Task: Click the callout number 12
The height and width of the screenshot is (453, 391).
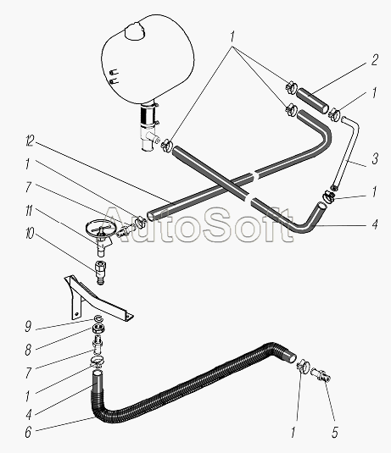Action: (30, 142)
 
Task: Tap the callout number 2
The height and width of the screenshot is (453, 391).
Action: (374, 60)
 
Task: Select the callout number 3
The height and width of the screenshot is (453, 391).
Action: (375, 158)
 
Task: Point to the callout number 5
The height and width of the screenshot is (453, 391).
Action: (334, 433)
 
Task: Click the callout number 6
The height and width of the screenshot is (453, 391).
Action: (28, 433)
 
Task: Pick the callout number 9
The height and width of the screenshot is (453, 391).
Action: (28, 327)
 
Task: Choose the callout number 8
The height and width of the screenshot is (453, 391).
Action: (28, 351)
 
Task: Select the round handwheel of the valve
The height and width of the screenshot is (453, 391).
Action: (98, 225)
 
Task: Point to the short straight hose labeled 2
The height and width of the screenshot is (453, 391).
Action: (314, 101)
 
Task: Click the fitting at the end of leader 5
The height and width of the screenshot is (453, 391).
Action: (321, 375)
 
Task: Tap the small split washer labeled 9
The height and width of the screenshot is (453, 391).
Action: (98, 319)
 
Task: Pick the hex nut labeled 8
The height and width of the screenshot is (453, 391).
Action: (98, 328)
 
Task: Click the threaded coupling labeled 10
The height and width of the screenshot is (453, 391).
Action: (100, 272)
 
